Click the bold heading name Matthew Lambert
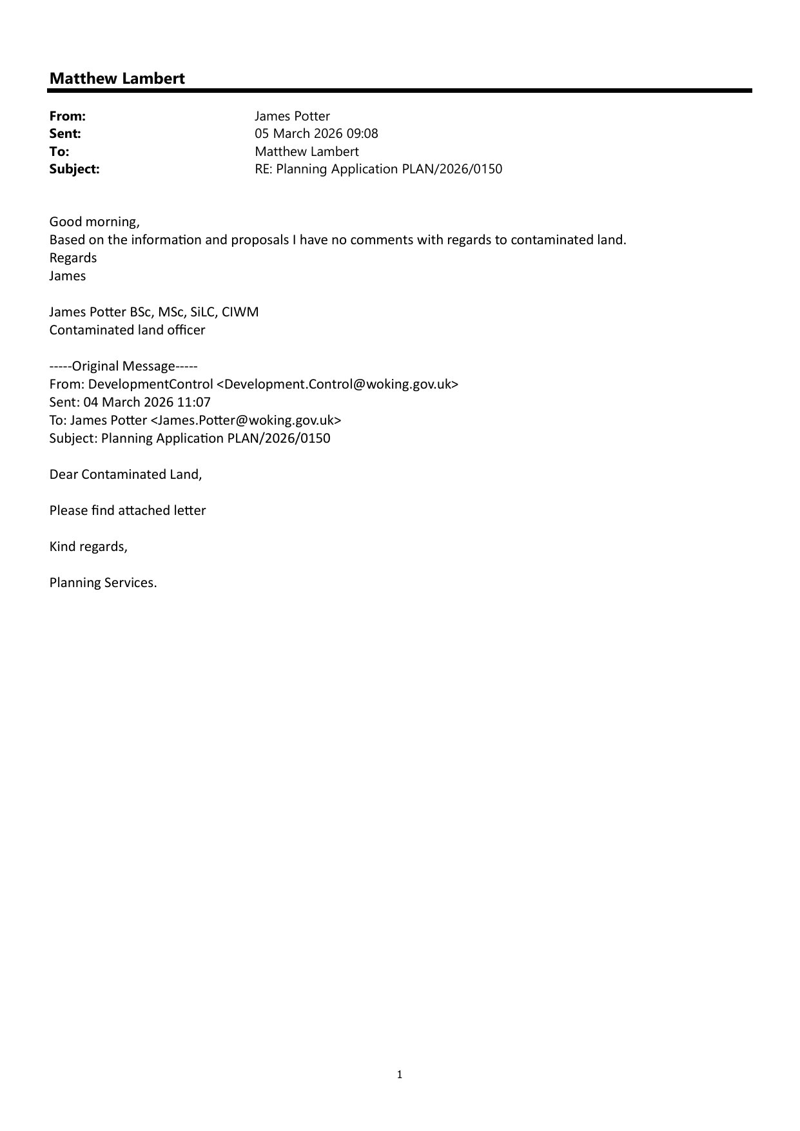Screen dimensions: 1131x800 tap(117, 79)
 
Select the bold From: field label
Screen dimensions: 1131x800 tap(68, 116)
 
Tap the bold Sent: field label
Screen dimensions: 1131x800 tap(65, 133)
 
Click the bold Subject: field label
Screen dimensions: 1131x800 tap(75, 169)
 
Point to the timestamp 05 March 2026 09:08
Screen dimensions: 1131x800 tap(317, 133)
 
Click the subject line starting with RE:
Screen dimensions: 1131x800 tap(378, 169)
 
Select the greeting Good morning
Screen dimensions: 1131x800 tap(94, 222)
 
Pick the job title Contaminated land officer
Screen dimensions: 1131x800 tap(127, 330)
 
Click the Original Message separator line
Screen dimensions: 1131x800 tap(123, 366)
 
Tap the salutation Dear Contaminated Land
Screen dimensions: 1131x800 tap(126, 474)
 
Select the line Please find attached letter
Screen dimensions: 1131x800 tap(128, 510)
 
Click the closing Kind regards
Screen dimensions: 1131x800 tap(88, 546)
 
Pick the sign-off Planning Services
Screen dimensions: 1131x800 tap(103, 583)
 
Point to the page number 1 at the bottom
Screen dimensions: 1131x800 tap(400, 1074)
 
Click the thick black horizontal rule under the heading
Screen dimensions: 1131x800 tap(400, 91)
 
